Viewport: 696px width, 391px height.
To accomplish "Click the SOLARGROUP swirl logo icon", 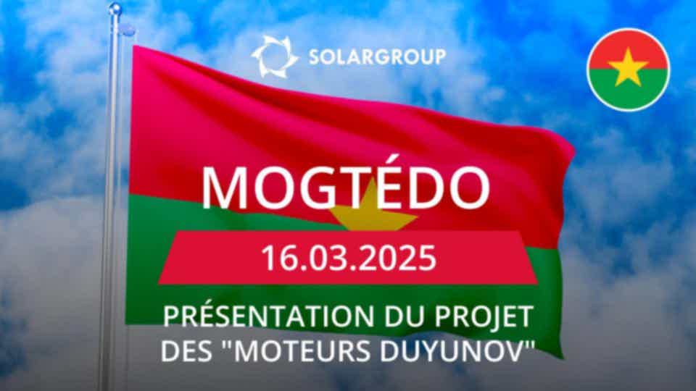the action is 274,56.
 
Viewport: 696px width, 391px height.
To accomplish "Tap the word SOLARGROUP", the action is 377,57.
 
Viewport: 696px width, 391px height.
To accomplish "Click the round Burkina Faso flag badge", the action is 628,70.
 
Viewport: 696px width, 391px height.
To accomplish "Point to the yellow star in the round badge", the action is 628,67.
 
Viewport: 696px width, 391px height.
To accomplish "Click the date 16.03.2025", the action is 349,258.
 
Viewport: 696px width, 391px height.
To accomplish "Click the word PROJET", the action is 483,316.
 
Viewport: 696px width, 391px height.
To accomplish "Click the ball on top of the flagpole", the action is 115,9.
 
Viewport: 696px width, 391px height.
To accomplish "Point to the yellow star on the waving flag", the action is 372,211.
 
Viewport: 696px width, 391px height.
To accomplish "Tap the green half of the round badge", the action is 628,91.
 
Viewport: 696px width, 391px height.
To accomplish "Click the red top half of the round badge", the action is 628,44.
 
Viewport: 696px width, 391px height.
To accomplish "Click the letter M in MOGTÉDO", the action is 224,187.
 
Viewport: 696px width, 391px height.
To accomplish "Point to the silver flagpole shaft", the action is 110,200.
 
